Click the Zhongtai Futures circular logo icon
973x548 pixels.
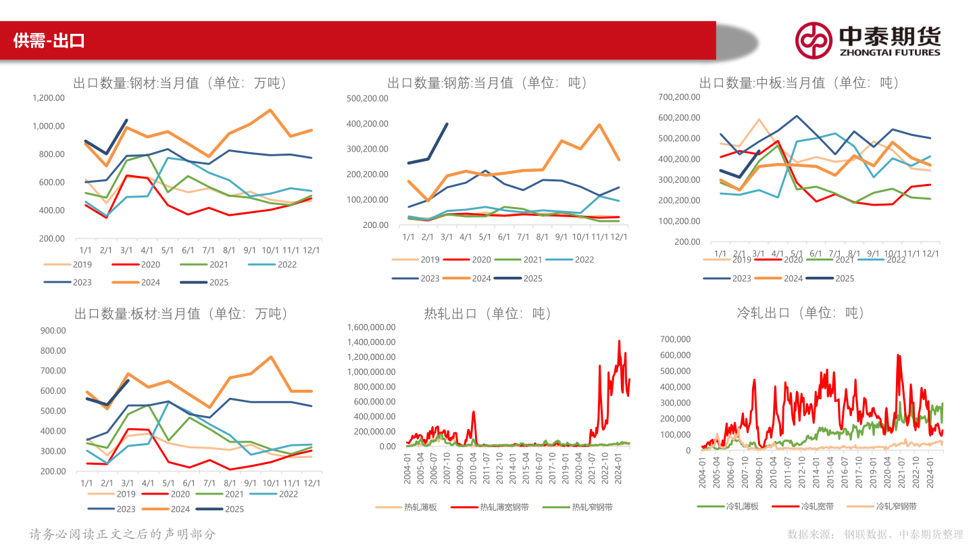813,40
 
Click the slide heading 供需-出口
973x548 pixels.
49,41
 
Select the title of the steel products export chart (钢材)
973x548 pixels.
180,83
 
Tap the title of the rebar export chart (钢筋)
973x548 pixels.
487,83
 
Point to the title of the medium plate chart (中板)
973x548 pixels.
799,83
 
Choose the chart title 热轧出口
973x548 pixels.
488,314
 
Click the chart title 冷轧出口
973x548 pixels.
800,313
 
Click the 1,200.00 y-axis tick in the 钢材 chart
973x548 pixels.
48,98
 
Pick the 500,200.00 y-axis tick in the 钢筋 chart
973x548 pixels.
368,98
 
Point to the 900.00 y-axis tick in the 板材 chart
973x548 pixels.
53,331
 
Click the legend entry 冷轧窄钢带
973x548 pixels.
895,506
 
